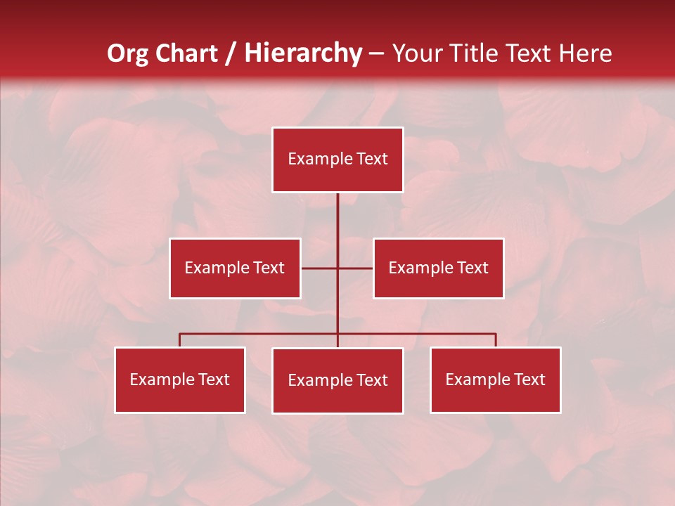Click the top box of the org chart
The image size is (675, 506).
tap(337, 160)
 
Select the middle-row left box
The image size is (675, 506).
tap(235, 268)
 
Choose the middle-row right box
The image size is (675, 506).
tap(438, 268)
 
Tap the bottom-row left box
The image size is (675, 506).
tap(180, 379)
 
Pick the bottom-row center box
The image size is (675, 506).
tap(337, 380)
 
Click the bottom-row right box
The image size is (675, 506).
tap(495, 379)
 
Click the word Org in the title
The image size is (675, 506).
tap(129, 53)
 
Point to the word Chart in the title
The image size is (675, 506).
tap(186, 53)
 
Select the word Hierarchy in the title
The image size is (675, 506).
tap(302, 53)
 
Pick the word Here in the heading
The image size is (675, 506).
tap(585, 53)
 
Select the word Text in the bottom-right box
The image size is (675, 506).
tap(529, 379)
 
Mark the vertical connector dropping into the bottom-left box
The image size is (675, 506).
tap(180, 340)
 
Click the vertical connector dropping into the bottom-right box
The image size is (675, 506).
tap(496, 340)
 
